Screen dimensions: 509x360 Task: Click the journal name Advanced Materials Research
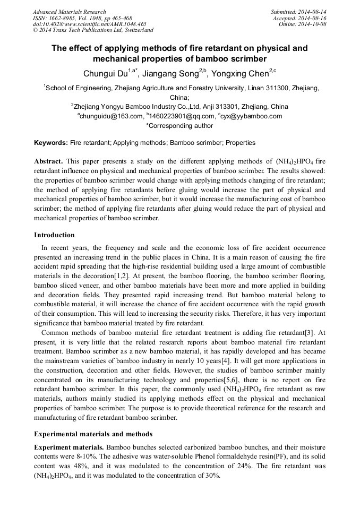(x=70, y=12)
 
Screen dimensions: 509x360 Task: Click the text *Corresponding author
(x=179, y=126)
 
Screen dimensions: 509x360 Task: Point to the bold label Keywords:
(x=51, y=143)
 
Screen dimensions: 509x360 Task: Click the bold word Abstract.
(x=49, y=161)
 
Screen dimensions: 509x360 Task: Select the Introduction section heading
(x=54, y=235)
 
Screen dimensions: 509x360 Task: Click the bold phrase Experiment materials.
(x=67, y=447)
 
